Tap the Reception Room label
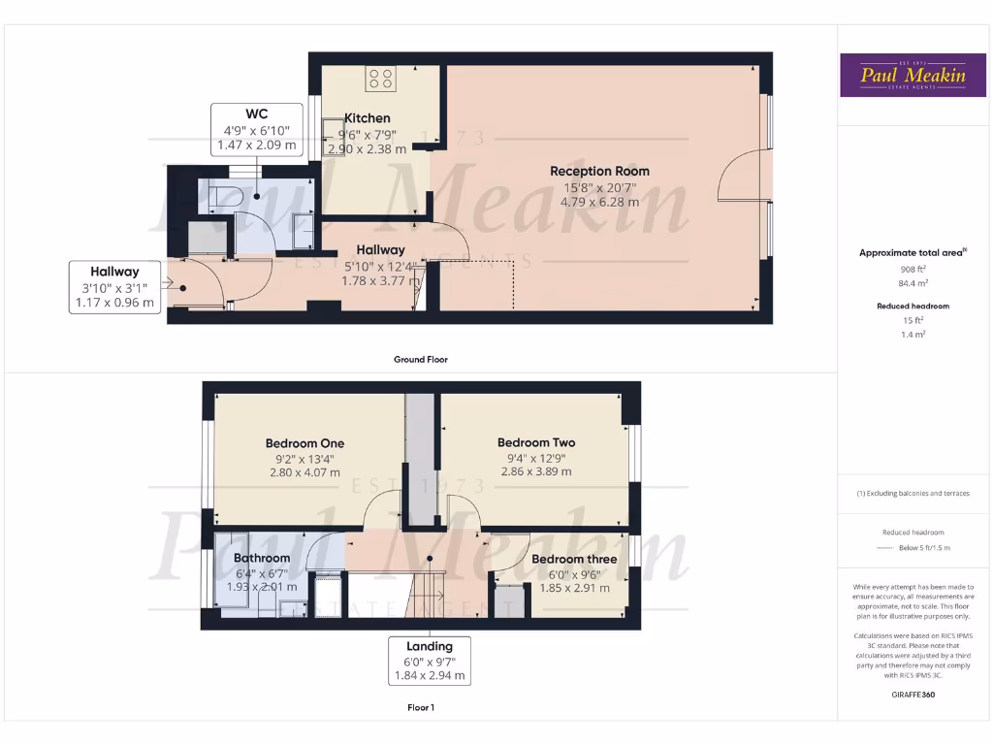(600, 172)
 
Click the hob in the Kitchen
(380, 79)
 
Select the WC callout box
(257, 130)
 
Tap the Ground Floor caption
(420, 359)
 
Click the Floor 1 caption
(420, 707)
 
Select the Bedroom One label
(304, 443)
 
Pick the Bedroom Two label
(536, 442)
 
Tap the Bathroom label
(262, 558)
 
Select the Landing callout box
(430, 661)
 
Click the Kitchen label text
(368, 118)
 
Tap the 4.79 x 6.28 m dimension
(599, 203)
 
